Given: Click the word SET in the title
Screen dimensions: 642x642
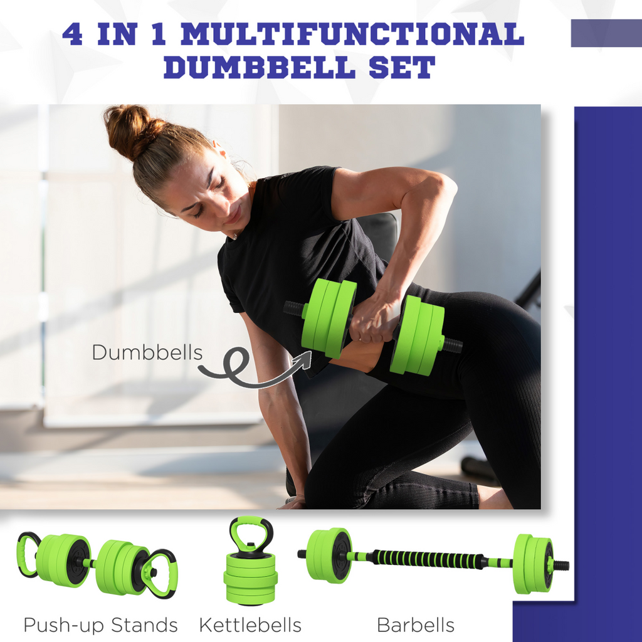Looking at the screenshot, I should (402, 67).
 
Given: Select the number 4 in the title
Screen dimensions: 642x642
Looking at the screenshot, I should (72, 34).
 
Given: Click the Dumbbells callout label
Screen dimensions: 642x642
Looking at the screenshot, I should (147, 352).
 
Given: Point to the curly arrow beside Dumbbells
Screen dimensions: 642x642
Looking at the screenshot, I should (251, 370).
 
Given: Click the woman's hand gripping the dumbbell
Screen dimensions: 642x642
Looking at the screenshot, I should (374, 320).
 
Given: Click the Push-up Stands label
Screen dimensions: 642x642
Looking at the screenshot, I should (100, 624).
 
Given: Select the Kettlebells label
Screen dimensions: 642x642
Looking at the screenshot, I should (250, 624).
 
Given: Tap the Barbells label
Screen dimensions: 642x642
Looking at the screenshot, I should (416, 624).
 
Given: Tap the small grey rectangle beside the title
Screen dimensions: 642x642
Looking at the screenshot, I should (606, 33).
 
